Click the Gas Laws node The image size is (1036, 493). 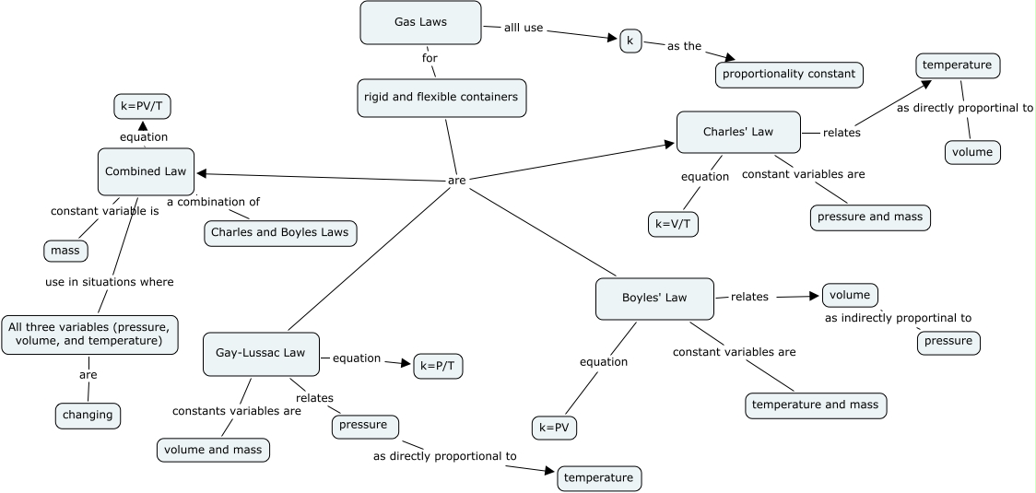[x=420, y=22]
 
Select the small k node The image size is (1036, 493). [x=630, y=41]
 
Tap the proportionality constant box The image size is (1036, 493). [x=789, y=74]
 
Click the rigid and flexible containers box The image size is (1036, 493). [x=441, y=97]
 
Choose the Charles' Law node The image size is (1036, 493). [x=737, y=132]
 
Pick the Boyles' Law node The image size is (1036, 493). [x=654, y=299]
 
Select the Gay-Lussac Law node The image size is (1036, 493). [x=261, y=354]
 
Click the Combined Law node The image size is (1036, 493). [x=146, y=171]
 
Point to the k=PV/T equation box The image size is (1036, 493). [x=142, y=107]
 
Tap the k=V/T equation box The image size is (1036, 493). [x=674, y=224]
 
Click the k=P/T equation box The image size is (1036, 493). [x=438, y=366]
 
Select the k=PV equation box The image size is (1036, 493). [x=556, y=428]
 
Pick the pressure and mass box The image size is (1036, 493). [x=870, y=217]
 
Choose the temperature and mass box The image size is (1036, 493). [x=816, y=405]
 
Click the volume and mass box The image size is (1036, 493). [x=212, y=450]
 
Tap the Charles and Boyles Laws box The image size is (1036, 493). [x=279, y=232]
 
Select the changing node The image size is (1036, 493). [x=88, y=415]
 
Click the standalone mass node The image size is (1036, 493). [x=65, y=250]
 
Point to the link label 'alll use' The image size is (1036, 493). [x=524, y=28]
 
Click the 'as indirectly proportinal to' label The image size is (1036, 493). [x=898, y=318]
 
